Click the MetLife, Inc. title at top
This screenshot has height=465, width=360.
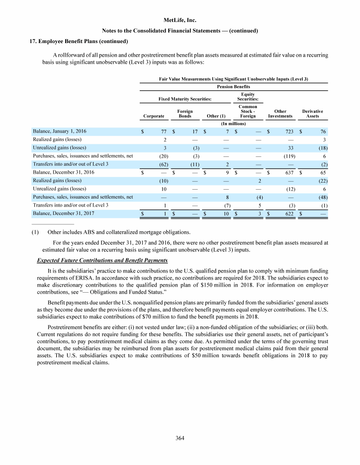(180, 21)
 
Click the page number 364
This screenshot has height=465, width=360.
(180, 438)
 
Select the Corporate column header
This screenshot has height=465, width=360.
(153, 116)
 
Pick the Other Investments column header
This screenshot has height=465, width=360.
(280, 113)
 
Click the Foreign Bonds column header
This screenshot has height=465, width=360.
(185, 113)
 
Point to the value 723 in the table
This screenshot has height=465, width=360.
(289, 132)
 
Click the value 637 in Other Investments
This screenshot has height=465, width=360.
(289, 172)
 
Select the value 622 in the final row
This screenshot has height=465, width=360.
(289, 214)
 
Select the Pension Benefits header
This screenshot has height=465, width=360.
(233, 87)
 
